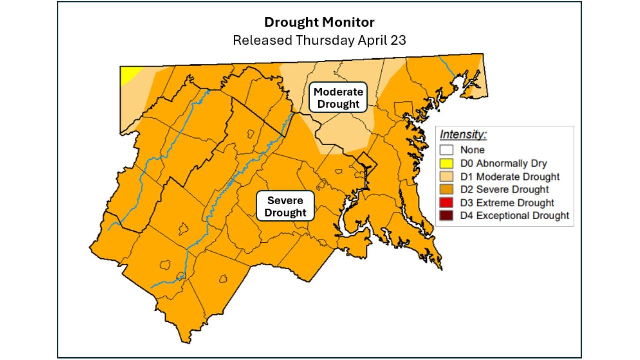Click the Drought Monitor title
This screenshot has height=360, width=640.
coord(319,22)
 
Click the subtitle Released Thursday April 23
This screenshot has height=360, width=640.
coord(319,40)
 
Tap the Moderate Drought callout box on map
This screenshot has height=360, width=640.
coord(338,98)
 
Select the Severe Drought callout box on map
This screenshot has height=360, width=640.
coord(285,206)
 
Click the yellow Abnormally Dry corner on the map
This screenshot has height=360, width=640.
coord(129,75)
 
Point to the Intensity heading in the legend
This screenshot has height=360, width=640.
coord(463,135)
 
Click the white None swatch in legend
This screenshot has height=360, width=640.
coord(446,150)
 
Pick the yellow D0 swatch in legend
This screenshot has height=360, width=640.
coord(446,163)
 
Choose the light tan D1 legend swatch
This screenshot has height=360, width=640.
coord(446,176)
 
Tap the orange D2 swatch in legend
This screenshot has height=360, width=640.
coord(446,189)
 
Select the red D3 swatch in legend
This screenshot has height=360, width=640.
coord(446,203)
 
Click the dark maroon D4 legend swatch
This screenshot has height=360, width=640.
coord(446,216)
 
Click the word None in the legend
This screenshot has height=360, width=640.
coord(472,150)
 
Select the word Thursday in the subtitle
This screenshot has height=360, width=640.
coord(325,40)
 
